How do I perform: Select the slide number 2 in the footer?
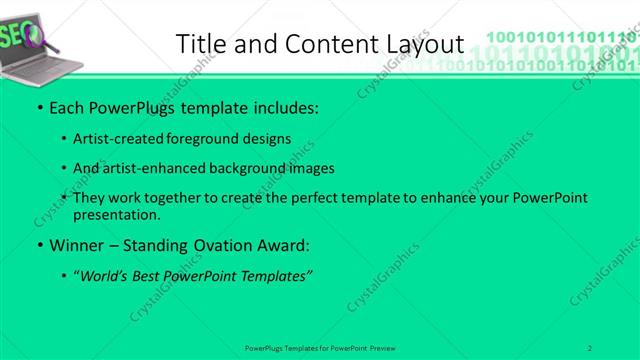click(x=590, y=348)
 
